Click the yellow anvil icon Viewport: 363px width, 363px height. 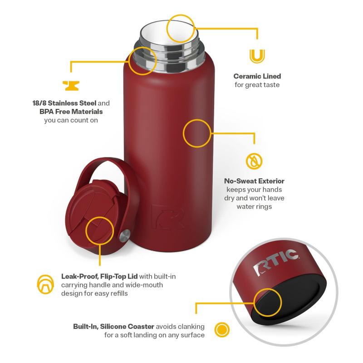pyautogui.click(x=71, y=86)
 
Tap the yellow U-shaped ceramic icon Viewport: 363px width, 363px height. pyautogui.click(x=257, y=56)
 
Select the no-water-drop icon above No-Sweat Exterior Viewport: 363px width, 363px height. pyautogui.click(x=254, y=161)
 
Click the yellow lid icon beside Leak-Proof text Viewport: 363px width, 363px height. pyautogui.click(x=45, y=285)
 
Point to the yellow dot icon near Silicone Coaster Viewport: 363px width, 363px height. pyautogui.click(x=222, y=329)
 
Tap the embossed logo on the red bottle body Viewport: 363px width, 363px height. pyautogui.click(x=168, y=217)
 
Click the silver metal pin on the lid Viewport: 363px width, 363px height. pyautogui.click(x=124, y=236)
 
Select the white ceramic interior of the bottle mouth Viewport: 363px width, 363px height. pyautogui.click(x=170, y=31)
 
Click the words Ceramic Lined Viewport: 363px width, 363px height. pyautogui.click(x=257, y=76)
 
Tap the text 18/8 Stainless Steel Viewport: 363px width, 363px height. pyautogui.click(x=64, y=103)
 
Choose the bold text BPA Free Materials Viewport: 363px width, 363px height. pyautogui.click(x=71, y=112)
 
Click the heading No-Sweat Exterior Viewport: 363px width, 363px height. pyautogui.click(x=254, y=181)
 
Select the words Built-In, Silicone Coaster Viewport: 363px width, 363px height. pyautogui.click(x=114, y=327)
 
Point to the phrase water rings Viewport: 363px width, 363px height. pyautogui.click(x=254, y=206)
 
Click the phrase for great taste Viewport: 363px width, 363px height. pyautogui.click(x=257, y=85)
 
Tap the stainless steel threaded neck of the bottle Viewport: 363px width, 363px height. pyautogui.click(x=170, y=55)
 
